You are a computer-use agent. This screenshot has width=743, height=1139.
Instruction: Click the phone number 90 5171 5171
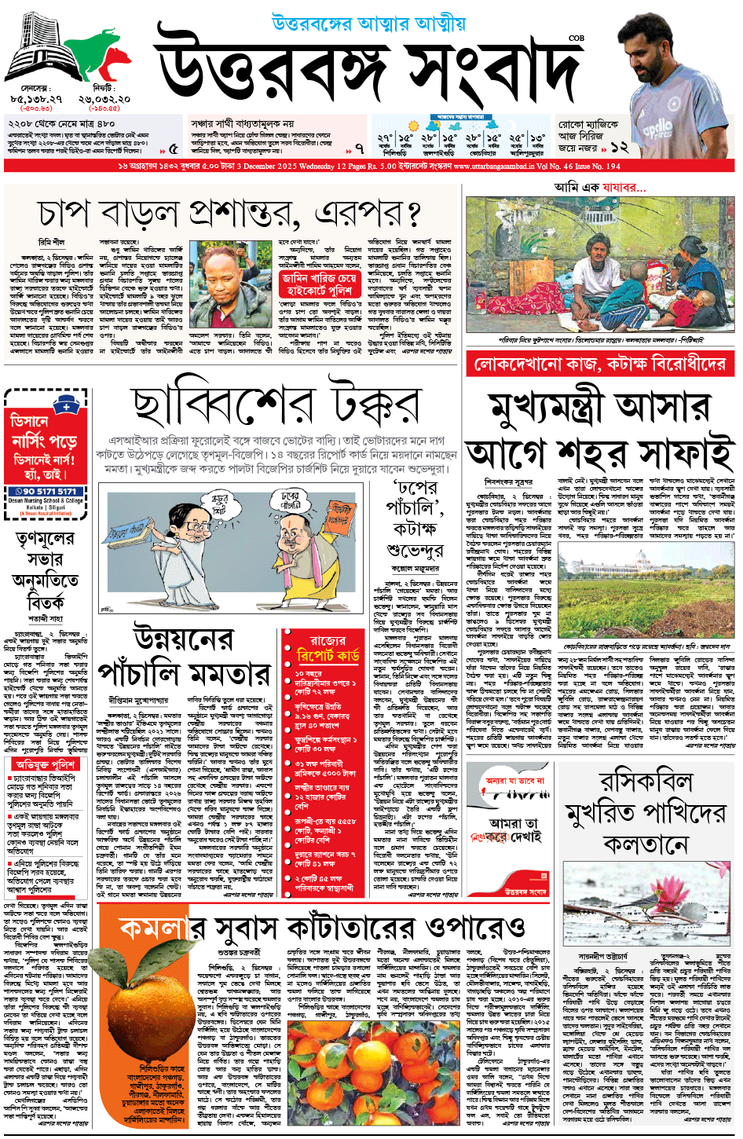pyautogui.click(x=49, y=492)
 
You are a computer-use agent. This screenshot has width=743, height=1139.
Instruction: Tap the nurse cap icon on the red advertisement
pyautogui.click(x=67, y=405)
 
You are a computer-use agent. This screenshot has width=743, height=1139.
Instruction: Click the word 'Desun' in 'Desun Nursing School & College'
pyautogui.click(x=16, y=500)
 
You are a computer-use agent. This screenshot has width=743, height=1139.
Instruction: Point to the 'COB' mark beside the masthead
pyautogui.click(x=576, y=37)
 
